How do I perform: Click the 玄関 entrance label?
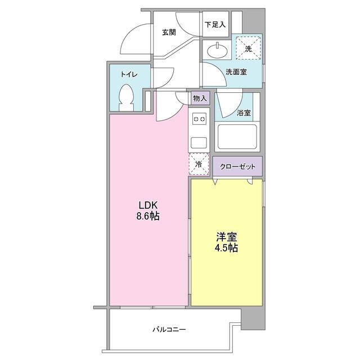click(x=169, y=32)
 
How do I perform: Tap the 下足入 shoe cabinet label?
click(x=215, y=25)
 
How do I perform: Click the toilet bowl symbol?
click(x=127, y=98)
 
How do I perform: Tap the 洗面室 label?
click(x=236, y=71)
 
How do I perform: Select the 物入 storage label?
click(x=200, y=98)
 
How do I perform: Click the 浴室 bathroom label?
click(x=244, y=113)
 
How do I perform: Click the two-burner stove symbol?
click(x=199, y=119)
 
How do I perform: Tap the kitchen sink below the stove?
click(x=199, y=141)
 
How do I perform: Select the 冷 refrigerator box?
click(x=199, y=164)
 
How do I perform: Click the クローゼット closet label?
click(x=237, y=166)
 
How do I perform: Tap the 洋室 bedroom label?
click(x=225, y=236)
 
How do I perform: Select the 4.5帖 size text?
click(x=225, y=247)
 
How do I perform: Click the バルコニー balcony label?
click(x=169, y=329)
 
